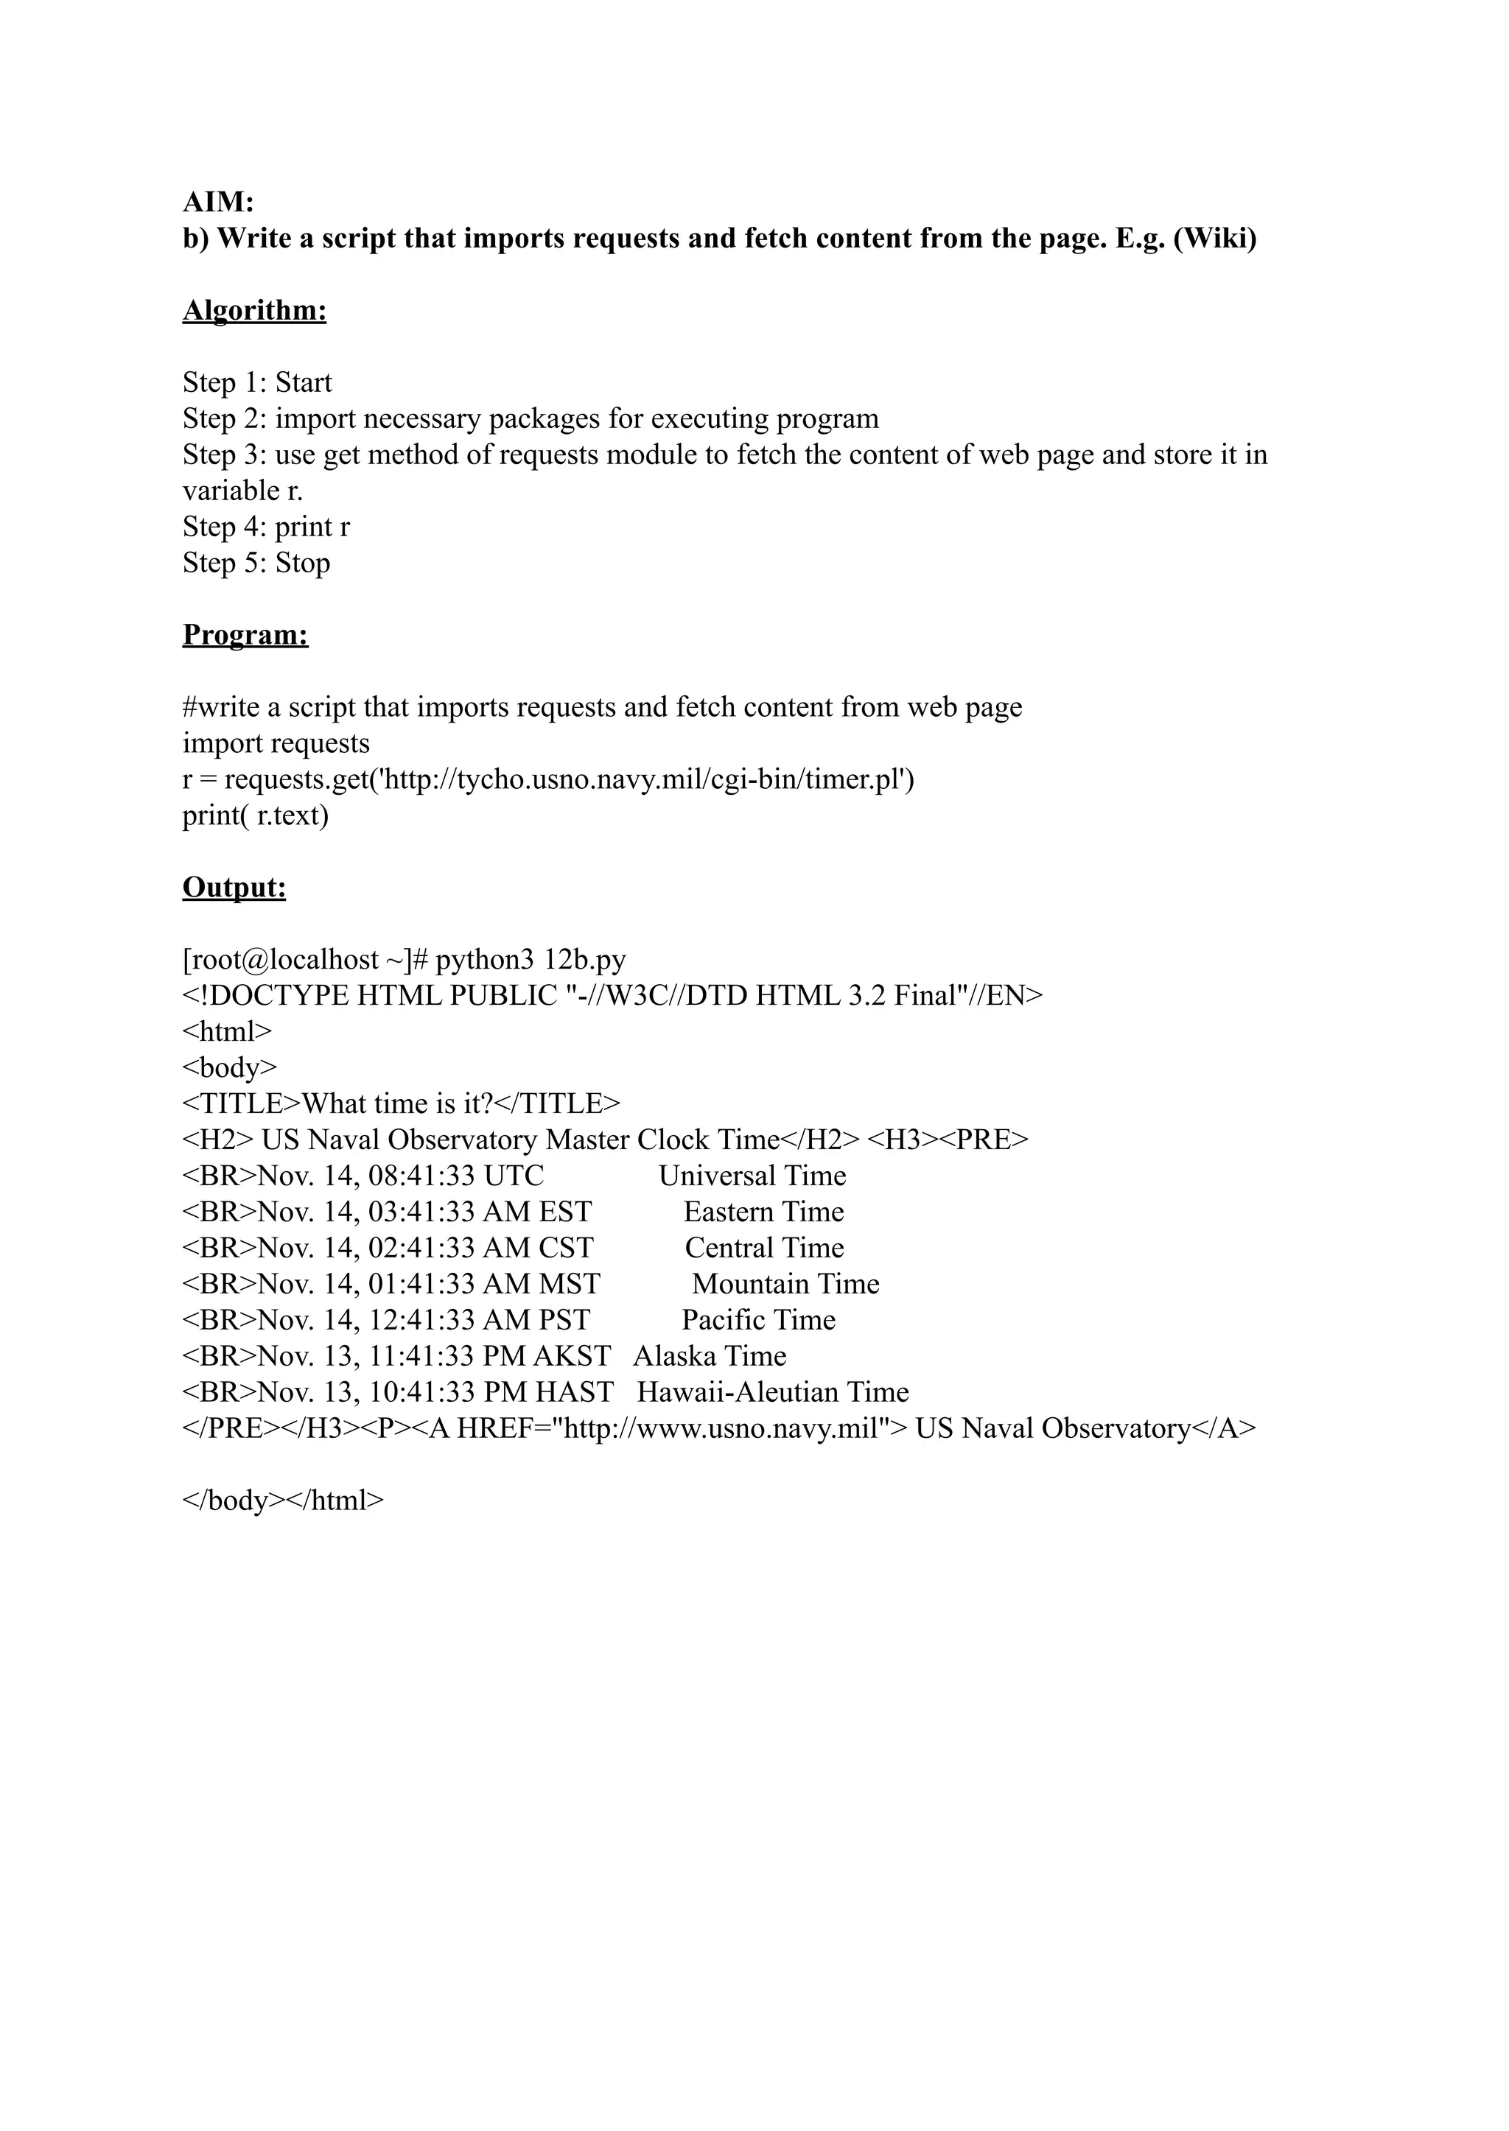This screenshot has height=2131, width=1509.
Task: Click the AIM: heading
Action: coord(218,202)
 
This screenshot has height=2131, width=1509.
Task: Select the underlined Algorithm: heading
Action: coord(255,310)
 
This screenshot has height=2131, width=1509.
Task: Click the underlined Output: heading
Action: coord(234,887)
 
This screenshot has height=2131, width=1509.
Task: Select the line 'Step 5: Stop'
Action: coord(256,563)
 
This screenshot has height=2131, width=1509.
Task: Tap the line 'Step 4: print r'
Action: coord(267,527)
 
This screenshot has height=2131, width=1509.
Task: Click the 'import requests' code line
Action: coord(276,743)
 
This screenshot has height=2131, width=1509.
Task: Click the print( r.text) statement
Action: coord(256,815)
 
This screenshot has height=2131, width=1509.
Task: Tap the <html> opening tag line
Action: coord(227,1031)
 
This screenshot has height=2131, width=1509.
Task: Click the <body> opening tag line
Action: coord(229,1067)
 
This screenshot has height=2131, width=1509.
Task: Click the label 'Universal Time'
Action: coord(752,1176)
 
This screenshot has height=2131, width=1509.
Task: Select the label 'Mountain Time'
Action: coord(785,1284)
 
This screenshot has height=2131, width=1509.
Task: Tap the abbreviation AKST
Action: coord(572,1356)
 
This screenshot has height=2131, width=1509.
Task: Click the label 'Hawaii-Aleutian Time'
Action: coord(773,1392)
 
